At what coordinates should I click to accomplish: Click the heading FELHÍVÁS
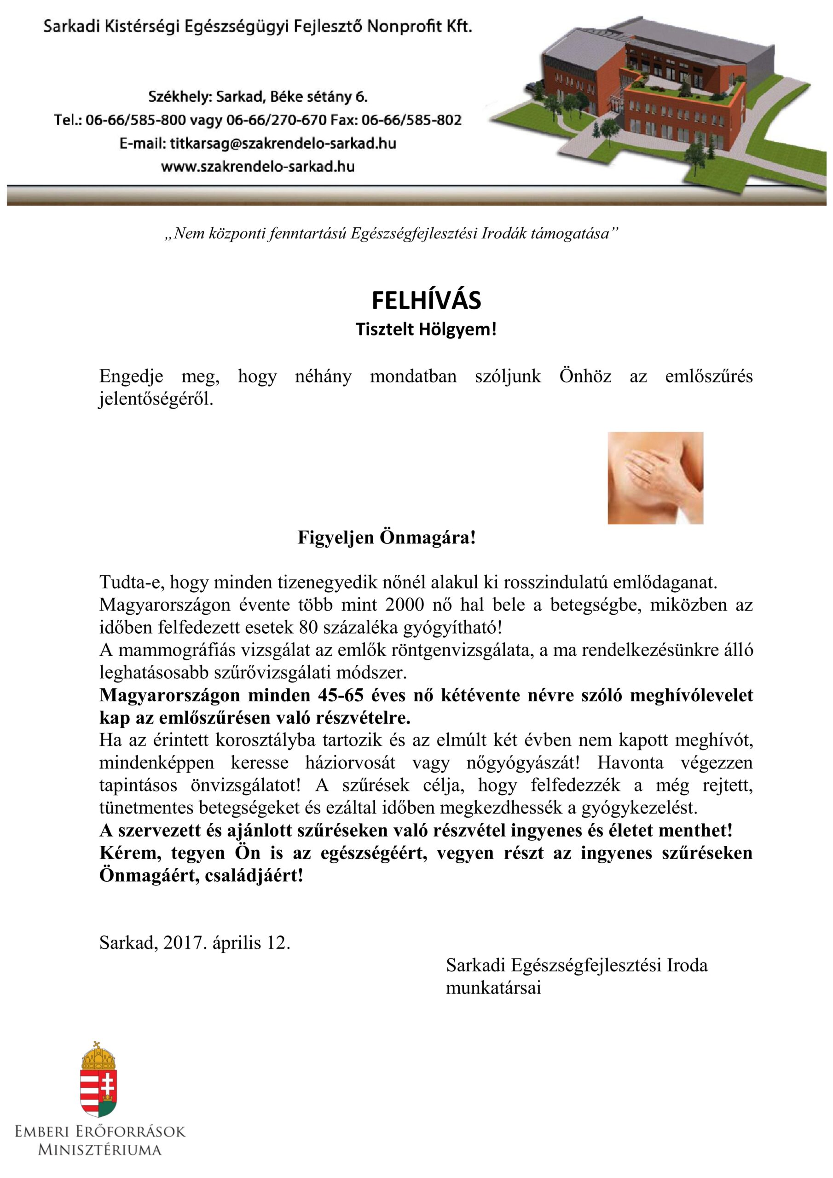tap(426, 300)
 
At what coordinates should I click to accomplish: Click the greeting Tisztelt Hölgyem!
tap(426, 329)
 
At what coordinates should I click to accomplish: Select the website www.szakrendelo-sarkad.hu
tap(258, 167)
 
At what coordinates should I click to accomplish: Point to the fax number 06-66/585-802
tap(411, 120)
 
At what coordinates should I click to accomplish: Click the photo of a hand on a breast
tap(655, 478)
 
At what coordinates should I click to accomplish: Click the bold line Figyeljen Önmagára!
tap(387, 538)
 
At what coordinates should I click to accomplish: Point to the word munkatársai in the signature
tap(493, 987)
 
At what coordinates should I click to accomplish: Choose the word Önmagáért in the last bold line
tap(147, 876)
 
